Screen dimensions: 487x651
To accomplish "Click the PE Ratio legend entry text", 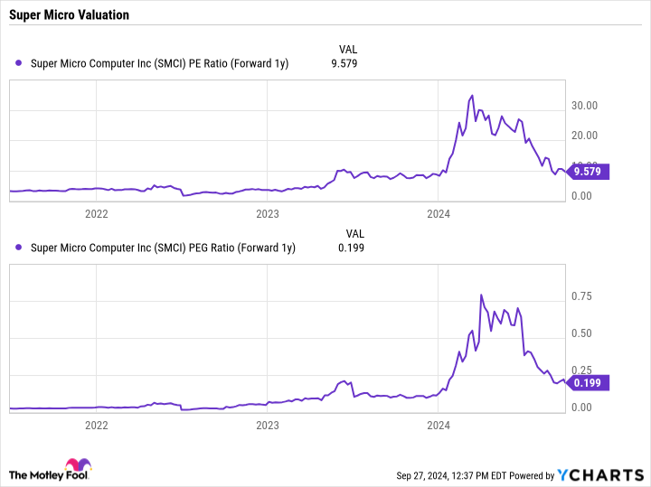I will pyautogui.click(x=159, y=63).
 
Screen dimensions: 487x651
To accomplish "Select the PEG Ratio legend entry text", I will pyautogui.click(x=163, y=247).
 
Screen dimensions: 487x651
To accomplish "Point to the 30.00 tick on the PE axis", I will pyautogui.click(x=585, y=106).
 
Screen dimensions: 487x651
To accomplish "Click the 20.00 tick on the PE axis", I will pyautogui.click(x=585, y=136).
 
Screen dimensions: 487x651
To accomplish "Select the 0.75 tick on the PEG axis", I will pyautogui.click(x=582, y=296).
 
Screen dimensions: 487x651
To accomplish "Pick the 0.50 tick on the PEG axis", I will pyautogui.click(x=582, y=333).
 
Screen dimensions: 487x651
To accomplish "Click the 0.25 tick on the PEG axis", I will pyautogui.click(x=582, y=370).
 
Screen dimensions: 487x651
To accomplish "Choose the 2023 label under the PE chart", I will pyautogui.click(x=268, y=213).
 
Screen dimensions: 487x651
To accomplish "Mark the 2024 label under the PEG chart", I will pyautogui.click(x=439, y=425).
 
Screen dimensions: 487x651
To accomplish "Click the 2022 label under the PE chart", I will pyautogui.click(x=96, y=213).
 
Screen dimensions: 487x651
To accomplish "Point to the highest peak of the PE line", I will pyautogui.click(x=472, y=95).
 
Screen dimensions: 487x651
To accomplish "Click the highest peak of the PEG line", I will pyautogui.click(x=481, y=295).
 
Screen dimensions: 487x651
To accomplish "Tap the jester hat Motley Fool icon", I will pyautogui.click(x=78, y=468).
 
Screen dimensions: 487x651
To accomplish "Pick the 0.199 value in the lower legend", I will pyautogui.click(x=351, y=247).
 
